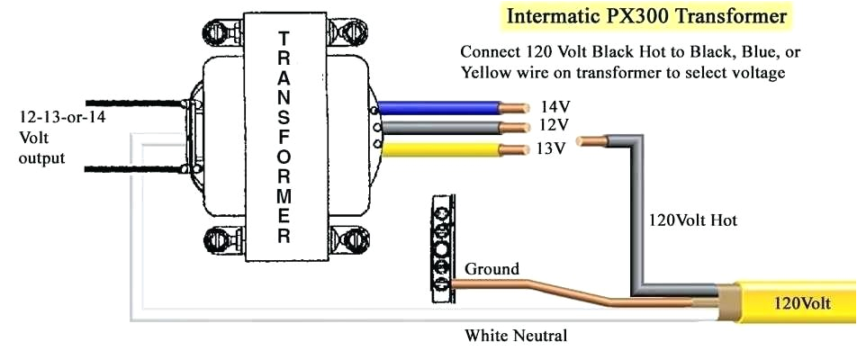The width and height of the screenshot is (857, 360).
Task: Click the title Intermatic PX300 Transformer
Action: point(646,16)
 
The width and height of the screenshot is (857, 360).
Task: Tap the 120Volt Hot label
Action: point(693,220)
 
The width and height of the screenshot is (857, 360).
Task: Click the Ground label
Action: point(492,268)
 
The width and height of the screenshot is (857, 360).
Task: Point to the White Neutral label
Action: point(516,336)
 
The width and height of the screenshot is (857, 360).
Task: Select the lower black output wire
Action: point(135,168)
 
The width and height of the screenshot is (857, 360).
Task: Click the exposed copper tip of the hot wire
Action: point(592,140)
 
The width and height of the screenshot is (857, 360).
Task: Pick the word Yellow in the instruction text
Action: point(487,72)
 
